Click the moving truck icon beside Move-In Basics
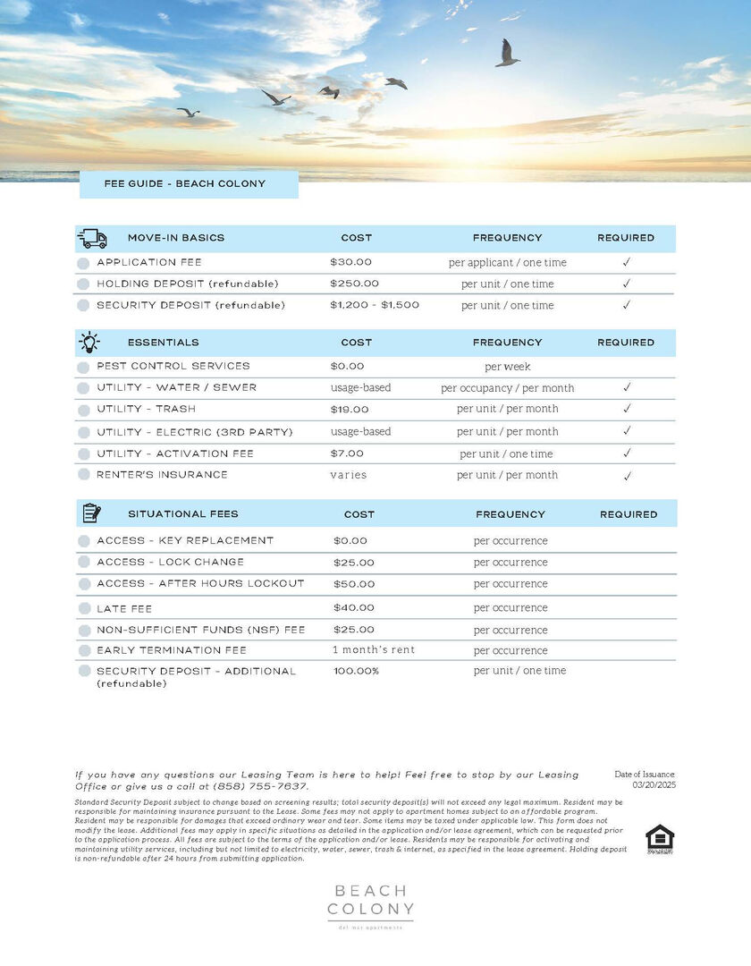tap(92, 238)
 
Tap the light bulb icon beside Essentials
tap(89, 342)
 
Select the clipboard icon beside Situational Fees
tap(91, 513)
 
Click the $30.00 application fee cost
tap(350, 262)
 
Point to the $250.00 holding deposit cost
tap(354, 284)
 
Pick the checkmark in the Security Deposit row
tap(627, 305)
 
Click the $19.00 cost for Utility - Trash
tap(349, 409)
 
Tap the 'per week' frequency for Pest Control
tap(507, 367)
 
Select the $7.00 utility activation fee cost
tap(347, 453)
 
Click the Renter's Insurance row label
tap(162, 475)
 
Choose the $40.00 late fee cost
tap(354, 608)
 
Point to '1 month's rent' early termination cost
tap(374, 650)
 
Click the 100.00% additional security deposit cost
tap(356, 671)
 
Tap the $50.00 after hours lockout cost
tap(354, 584)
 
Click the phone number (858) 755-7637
tap(260, 786)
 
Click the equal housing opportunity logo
tap(659, 838)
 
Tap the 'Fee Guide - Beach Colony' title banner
tap(189, 184)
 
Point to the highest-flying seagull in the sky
tap(507, 53)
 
